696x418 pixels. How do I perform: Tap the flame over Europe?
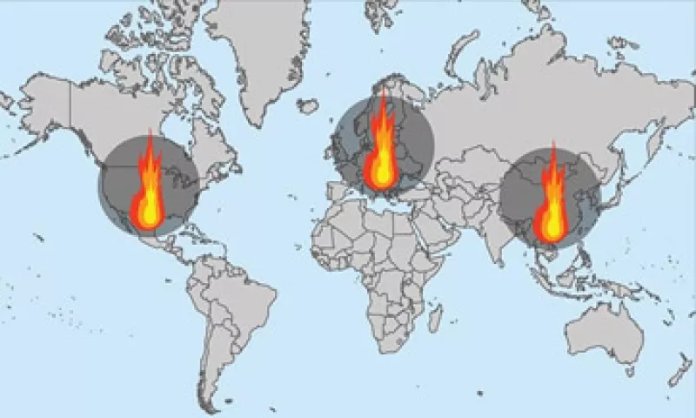[x=381, y=148]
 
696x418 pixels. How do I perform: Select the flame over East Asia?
[x=551, y=207]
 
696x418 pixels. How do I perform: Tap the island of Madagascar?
[x=435, y=319]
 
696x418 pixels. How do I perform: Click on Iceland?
[x=307, y=105]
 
